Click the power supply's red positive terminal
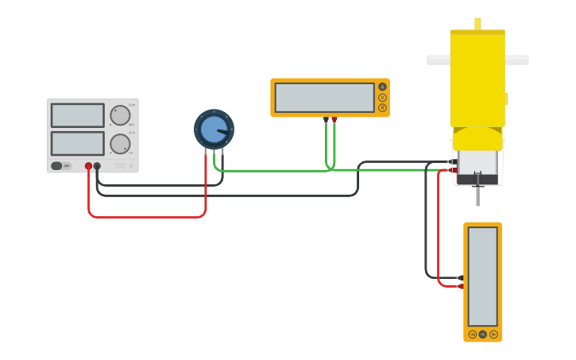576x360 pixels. click(88, 166)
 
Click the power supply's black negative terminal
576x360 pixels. click(97, 166)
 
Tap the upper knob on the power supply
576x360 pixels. click(120, 115)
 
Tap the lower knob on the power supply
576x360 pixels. click(120, 144)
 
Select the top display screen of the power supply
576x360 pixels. click(77, 115)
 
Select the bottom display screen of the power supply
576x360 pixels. click(77, 143)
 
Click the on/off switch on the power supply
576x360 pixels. click(57, 166)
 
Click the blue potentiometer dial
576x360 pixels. click(214, 129)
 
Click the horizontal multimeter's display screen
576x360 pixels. click(324, 98)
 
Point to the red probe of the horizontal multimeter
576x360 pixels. click(334, 120)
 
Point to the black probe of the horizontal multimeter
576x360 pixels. click(326, 120)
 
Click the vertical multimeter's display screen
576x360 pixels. click(482, 276)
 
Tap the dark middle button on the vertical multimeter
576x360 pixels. click(482, 335)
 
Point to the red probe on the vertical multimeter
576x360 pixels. click(461, 286)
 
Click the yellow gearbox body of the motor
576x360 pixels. click(477, 87)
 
